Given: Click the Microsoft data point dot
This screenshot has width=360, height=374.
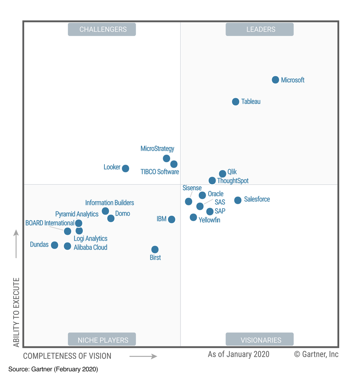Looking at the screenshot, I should [275, 80].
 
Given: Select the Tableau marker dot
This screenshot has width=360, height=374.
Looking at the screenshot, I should [236, 102].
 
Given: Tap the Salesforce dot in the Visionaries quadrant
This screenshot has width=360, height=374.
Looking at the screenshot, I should [238, 200].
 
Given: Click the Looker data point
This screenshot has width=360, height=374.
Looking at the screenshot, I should [125, 168].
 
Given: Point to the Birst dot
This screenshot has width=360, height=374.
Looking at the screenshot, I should [155, 249].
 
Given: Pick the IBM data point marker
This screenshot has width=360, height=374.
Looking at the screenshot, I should [171, 219].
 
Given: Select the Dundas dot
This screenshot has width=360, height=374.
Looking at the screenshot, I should [54, 245].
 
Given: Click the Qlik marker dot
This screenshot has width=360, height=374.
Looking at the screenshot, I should [222, 173].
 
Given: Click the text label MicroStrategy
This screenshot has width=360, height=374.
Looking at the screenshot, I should [157, 149].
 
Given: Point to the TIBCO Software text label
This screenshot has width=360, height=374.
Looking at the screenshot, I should [160, 172].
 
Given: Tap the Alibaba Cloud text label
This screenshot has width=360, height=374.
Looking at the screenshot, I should [90, 247].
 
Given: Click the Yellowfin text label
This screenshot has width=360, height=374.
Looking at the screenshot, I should [209, 220].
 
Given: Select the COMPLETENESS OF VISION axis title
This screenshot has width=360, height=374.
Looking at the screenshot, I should [67, 356].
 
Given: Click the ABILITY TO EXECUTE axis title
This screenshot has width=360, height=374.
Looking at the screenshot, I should [16, 312].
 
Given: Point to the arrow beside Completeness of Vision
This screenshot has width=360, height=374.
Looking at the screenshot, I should [143, 356].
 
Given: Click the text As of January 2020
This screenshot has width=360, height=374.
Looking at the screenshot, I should [238, 354].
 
